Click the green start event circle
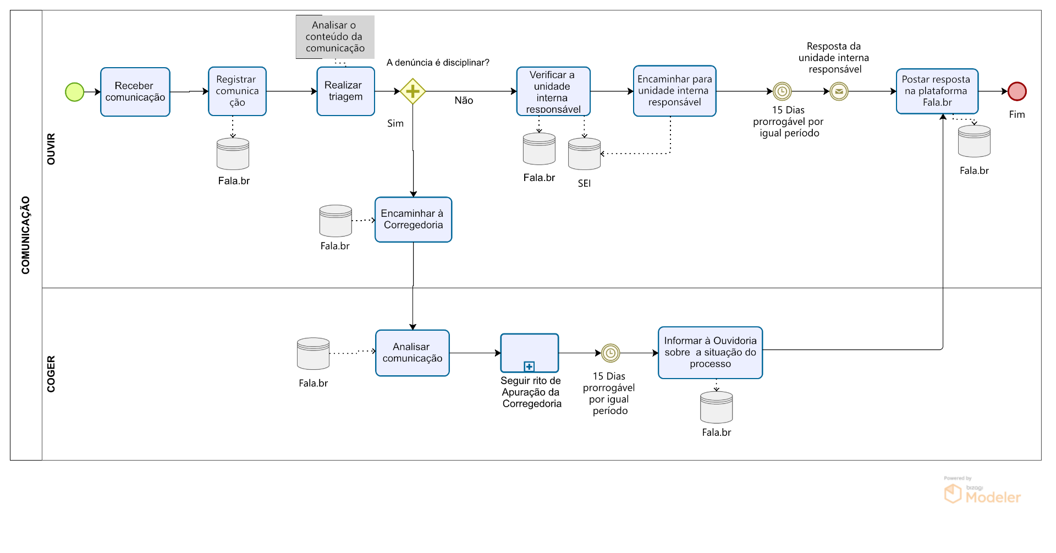[x=75, y=92]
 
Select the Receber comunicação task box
[x=135, y=92]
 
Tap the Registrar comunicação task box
[x=237, y=91]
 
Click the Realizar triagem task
[x=345, y=91]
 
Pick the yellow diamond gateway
[x=413, y=91]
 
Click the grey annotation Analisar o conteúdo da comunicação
[x=335, y=37]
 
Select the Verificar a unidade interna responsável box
[x=553, y=91]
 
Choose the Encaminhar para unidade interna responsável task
[x=674, y=91]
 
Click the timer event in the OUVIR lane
[x=782, y=91]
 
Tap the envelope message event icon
[x=839, y=91]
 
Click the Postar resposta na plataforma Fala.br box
[x=937, y=91]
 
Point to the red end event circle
[x=1017, y=91]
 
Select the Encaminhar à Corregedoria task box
[x=413, y=220]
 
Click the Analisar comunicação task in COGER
[x=413, y=353]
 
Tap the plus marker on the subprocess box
[x=529, y=366]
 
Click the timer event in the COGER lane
[x=610, y=353]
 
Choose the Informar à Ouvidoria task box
[x=710, y=353]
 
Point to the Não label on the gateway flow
[x=464, y=101]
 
